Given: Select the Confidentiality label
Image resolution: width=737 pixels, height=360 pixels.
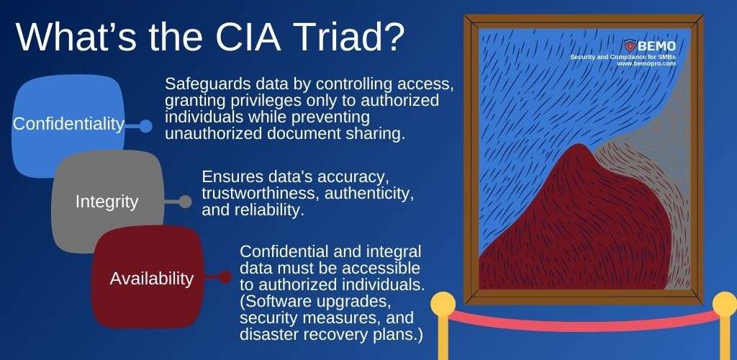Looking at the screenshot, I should [x=68, y=124].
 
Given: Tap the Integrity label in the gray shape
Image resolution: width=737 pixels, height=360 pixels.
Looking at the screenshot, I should [x=107, y=202].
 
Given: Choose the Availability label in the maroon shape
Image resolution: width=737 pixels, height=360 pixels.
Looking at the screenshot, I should [x=151, y=278].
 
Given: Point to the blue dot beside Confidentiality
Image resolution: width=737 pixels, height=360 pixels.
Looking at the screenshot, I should [x=145, y=126].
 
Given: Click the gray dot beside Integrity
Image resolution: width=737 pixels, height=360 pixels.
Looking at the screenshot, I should [x=185, y=202].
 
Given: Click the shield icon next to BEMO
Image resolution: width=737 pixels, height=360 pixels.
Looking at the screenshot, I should [x=630, y=45].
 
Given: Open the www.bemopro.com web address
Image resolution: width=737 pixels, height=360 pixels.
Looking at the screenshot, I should [x=646, y=63].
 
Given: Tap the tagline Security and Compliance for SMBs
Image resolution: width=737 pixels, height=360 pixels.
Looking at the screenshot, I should [x=623, y=56].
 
